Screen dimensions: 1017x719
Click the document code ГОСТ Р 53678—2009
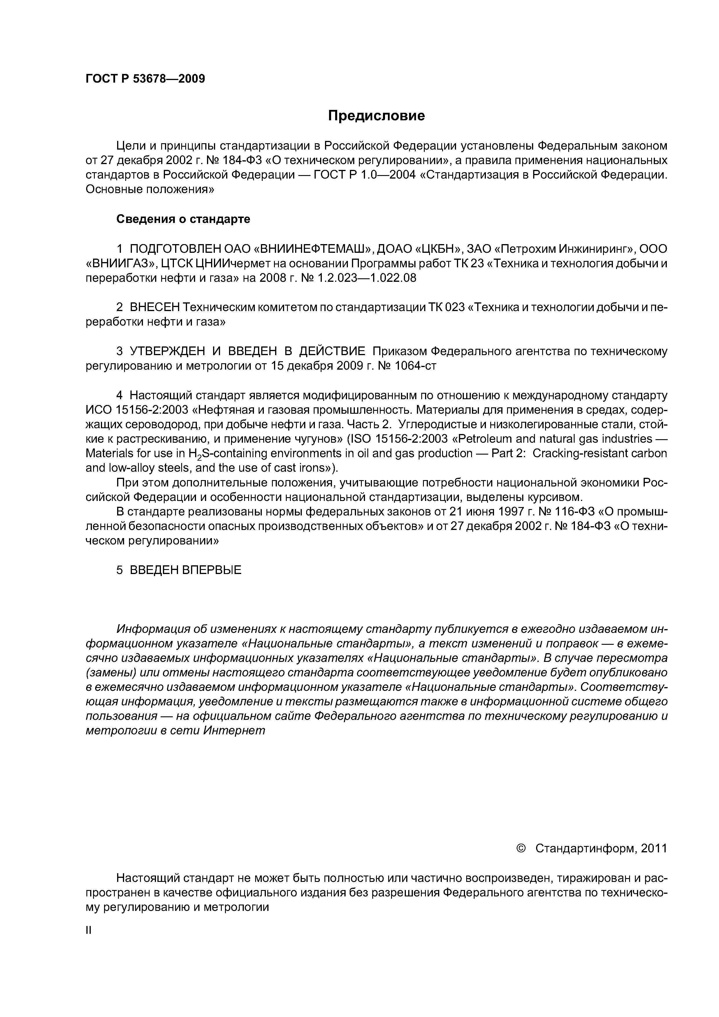145,79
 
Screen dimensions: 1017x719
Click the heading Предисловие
376,116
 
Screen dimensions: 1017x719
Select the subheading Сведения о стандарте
183,219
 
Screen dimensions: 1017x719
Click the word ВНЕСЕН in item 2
155,307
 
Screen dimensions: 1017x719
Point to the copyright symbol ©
521,848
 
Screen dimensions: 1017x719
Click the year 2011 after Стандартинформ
653,848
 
